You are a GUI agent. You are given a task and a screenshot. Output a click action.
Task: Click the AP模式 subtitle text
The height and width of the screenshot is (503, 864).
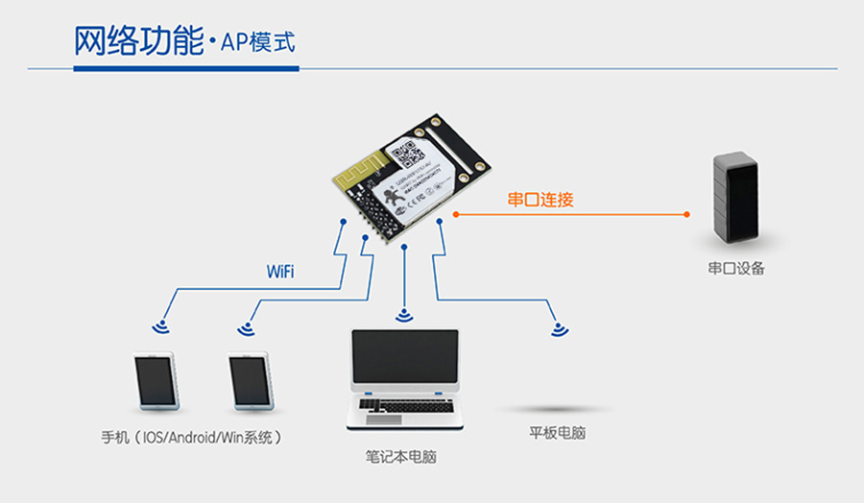pyautogui.click(x=257, y=43)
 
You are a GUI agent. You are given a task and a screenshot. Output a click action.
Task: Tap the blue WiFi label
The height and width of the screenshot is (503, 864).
pyautogui.click(x=279, y=272)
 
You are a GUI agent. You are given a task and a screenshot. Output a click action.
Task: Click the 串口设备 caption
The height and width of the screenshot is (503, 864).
pyautogui.click(x=736, y=269)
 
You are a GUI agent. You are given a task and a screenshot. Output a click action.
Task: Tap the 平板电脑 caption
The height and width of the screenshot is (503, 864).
pyautogui.click(x=557, y=433)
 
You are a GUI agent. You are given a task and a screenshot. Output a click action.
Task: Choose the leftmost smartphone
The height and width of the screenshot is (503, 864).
pyautogui.click(x=155, y=382)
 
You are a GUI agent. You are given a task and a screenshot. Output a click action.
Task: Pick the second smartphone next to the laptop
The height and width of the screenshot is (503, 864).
pyautogui.click(x=251, y=382)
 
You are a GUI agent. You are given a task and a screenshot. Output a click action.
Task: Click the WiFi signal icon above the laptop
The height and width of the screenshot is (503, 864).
pyautogui.click(x=404, y=315)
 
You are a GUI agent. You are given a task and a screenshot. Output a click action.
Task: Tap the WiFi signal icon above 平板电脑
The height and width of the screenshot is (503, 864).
pyautogui.click(x=559, y=329)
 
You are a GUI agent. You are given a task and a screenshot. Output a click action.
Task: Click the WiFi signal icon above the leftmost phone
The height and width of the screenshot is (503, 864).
pyautogui.click(x=160, y=327)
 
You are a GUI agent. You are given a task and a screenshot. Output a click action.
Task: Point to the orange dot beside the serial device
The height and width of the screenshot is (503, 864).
pyautogui.click(x=687, y=214)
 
